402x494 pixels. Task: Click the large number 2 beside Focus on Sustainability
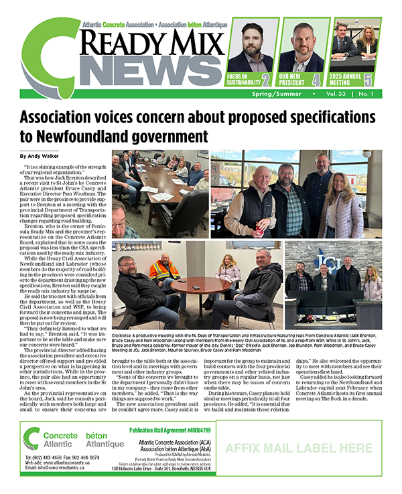266,80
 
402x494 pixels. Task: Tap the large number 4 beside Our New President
316,80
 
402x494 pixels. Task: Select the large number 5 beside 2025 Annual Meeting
368,80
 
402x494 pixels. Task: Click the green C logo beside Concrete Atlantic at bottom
31,438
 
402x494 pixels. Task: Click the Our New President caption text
293,80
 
